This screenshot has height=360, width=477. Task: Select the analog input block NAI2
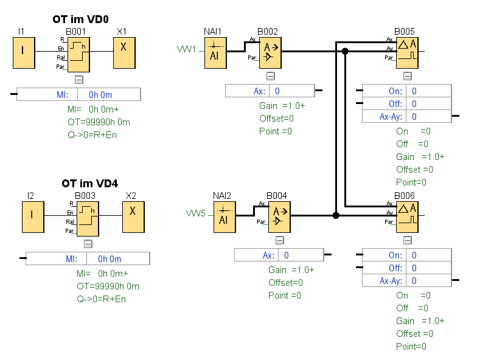pos(224,218)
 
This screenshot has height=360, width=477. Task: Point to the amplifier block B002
pos(270,53)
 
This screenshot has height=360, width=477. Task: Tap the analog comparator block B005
pos(407,53)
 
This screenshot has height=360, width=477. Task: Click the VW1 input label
pos(186,49)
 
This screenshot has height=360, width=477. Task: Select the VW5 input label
pos(196,213)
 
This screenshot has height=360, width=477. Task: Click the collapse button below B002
pos(271,76)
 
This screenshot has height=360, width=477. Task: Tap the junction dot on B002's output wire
pos(345,52)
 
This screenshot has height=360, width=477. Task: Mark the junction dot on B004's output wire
pos(336,215)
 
